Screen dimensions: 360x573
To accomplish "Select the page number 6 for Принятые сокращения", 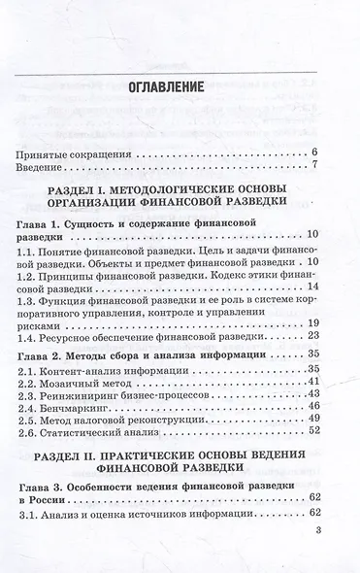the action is pos(316,152).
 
